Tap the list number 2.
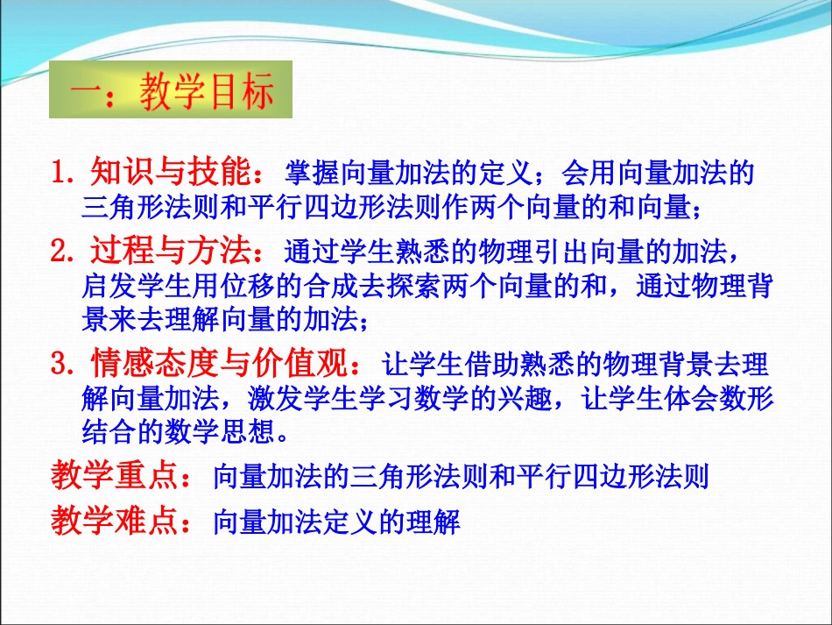tap(62, 253)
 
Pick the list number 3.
tap(62, 362)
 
